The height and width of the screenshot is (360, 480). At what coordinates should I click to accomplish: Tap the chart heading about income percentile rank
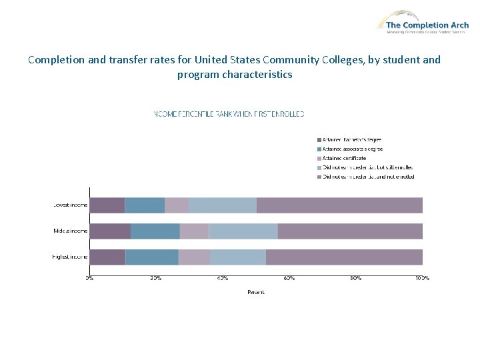[x=229, y=114]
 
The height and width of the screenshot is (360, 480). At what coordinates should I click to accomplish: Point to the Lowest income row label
[x=70, y=205]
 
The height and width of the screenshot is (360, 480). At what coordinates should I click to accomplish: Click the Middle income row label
[x=70, y=231]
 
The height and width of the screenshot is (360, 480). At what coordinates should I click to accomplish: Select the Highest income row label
[x=70, y=257]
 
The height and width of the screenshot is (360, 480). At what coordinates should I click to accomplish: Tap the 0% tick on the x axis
[x=89, y=277]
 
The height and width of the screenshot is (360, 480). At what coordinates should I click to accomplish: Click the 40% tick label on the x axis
[x=223, y=277]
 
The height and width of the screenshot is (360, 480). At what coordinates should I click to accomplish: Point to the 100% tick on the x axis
[x=422, y=277]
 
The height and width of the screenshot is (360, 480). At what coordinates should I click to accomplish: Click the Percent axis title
[x=255, y=292]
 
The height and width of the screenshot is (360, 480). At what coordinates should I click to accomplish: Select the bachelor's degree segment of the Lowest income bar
[x=107, y=205]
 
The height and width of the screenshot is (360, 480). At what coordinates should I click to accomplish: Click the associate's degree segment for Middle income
[x=155, y=231]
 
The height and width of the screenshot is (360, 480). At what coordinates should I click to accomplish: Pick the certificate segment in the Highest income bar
[x=194, y=257]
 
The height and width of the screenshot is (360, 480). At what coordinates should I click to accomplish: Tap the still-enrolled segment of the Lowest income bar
[x=222, y=205]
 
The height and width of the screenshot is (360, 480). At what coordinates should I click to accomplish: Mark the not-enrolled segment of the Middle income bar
[x=350, y=231]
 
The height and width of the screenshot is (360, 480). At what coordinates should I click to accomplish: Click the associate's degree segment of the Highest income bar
[x=152, y=257]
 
